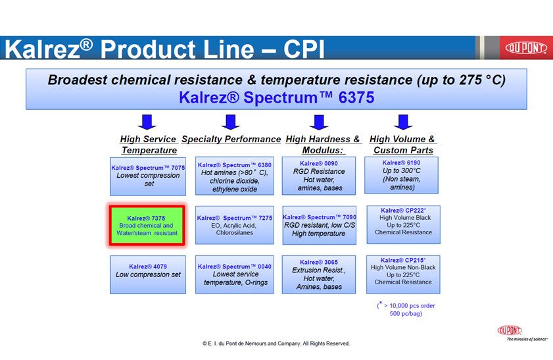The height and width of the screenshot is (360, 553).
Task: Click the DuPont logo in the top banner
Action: pos(525,48)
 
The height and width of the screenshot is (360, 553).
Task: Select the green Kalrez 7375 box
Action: pos(148,225)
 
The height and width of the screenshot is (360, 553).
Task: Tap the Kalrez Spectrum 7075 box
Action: pos(148,176)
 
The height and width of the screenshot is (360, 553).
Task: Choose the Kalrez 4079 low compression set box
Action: pos(148,274)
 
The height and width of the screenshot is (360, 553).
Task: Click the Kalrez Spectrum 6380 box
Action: pos(235,176)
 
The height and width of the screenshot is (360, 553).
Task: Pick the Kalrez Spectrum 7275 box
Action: pos(235,225)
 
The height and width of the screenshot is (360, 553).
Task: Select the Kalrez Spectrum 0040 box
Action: pos(235,274)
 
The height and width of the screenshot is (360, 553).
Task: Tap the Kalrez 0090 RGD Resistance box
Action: pos(318,176)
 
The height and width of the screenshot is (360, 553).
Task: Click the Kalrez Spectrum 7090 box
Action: pos(318,225)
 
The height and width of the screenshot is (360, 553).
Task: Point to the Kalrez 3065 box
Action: pos(318,274)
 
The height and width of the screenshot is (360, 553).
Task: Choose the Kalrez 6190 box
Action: pos(402,175)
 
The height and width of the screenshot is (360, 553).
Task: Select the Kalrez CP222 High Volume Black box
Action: pos(402,224)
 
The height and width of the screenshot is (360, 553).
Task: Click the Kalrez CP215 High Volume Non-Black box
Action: pos(402,274)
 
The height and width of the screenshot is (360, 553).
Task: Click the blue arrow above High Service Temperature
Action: pos(148,122)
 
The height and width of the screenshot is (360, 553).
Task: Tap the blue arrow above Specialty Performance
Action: pos(230,122)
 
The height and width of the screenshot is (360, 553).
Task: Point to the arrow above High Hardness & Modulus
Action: pos(319,122)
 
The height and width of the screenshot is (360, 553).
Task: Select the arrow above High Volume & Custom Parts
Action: pos(403,122)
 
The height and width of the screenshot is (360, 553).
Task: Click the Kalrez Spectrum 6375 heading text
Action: pos(276,97)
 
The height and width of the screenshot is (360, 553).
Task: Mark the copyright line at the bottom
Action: pos(276,344)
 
